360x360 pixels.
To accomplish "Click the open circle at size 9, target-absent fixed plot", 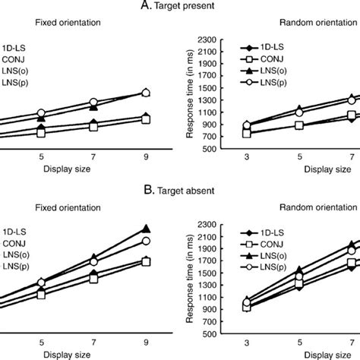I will pos(147,241).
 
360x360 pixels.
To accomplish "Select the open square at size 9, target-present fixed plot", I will pos(147,119).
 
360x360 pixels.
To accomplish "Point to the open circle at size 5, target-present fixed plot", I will pos(42,113).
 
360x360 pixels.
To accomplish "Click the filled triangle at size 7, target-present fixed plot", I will pos(93,106).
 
